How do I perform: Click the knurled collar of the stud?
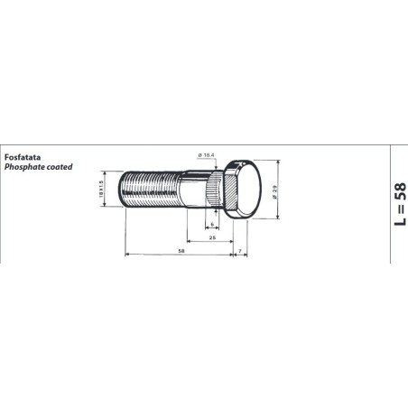[x=212, y=192]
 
